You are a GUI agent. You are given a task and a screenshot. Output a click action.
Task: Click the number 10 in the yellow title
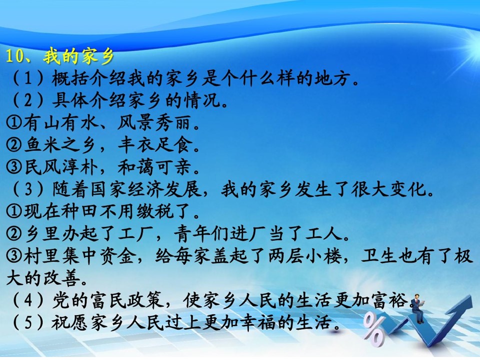[14, 56]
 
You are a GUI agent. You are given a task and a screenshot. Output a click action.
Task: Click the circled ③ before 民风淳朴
[14, 167]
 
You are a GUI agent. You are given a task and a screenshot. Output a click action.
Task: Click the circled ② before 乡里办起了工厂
[14, 234]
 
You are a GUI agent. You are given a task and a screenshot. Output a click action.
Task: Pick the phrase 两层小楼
[305, 256]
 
